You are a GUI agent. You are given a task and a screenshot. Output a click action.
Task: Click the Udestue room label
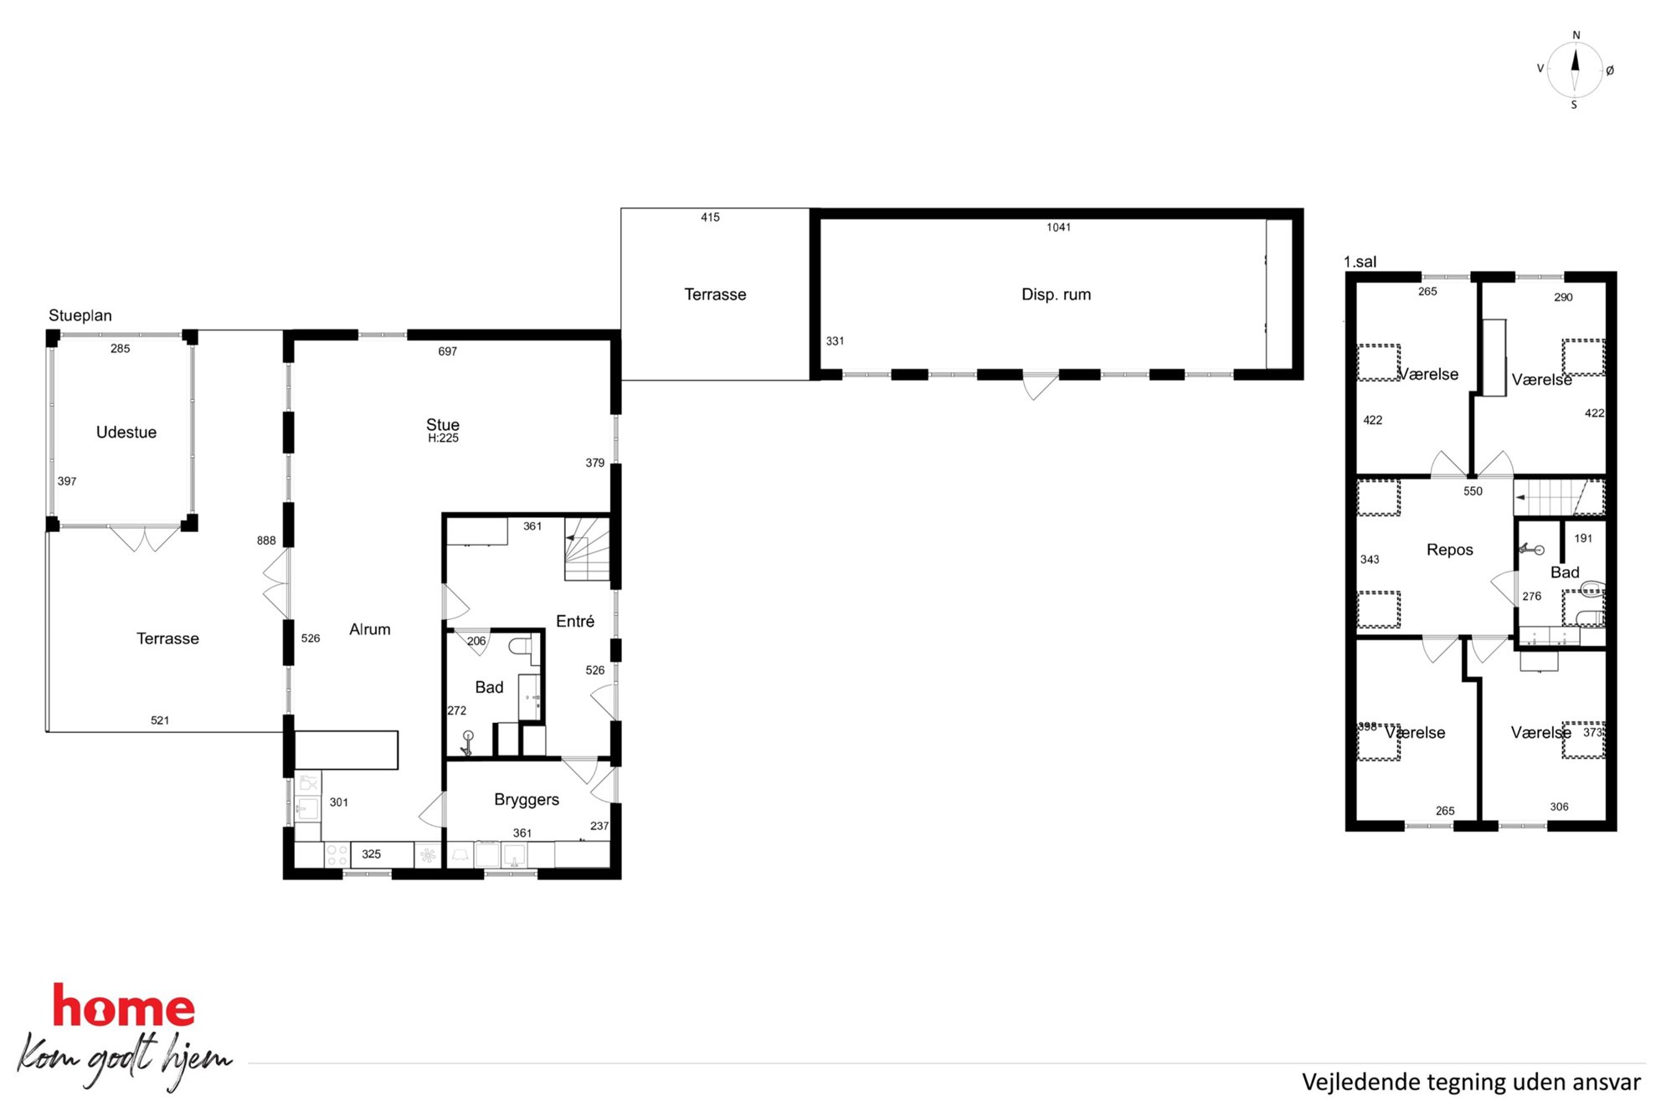126,433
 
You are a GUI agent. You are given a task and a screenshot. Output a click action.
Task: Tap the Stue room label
443,424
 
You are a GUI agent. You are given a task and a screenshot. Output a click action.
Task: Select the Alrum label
370,629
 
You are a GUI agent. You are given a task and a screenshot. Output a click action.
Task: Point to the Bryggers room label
527,800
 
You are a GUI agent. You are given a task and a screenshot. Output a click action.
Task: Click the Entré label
575,621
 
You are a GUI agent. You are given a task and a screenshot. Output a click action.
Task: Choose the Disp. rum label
1057,295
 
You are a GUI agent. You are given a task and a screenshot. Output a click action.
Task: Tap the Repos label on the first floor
1450,550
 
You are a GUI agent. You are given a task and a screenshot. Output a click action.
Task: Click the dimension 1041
1059,228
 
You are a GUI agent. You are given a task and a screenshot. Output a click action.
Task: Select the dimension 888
266,541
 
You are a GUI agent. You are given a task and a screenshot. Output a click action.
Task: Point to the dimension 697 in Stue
448,351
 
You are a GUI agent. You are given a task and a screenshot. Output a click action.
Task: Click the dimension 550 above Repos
1473,491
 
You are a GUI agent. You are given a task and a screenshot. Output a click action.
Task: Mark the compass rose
1575,70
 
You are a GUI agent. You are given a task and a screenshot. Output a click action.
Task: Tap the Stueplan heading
80,315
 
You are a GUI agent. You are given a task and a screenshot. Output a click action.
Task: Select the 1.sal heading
1360,262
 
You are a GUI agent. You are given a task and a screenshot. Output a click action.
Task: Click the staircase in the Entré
587,549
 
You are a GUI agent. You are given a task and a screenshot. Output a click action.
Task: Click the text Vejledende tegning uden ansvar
1471,1082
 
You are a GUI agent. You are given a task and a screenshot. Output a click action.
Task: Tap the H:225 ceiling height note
443,438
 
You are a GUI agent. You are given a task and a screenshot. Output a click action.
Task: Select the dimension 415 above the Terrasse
710,218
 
